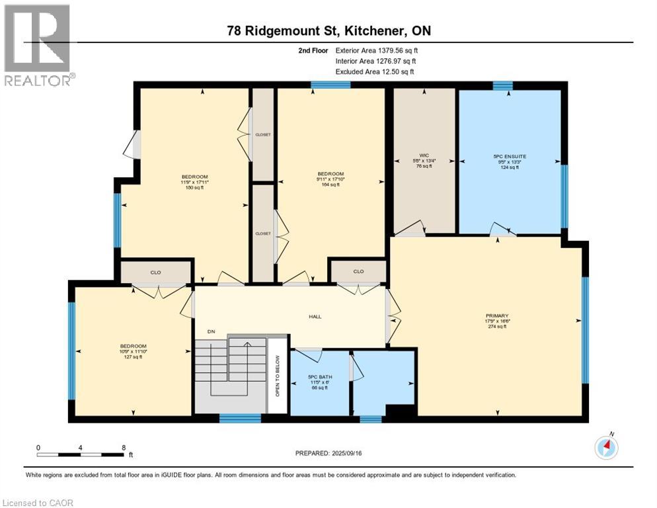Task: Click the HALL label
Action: click(315, 317)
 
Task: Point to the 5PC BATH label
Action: click(319, 382)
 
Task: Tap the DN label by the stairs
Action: click(212, 331)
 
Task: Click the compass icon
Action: click(606, 448)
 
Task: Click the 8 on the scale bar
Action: click(124, 448)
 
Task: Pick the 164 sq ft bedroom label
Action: click(331, 181)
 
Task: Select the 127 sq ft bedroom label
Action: click(130, 351)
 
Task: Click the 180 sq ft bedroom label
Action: click(195, 182)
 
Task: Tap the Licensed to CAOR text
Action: click(37, 503)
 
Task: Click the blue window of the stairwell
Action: click(240, 418)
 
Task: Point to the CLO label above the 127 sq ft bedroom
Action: click(156, 272)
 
